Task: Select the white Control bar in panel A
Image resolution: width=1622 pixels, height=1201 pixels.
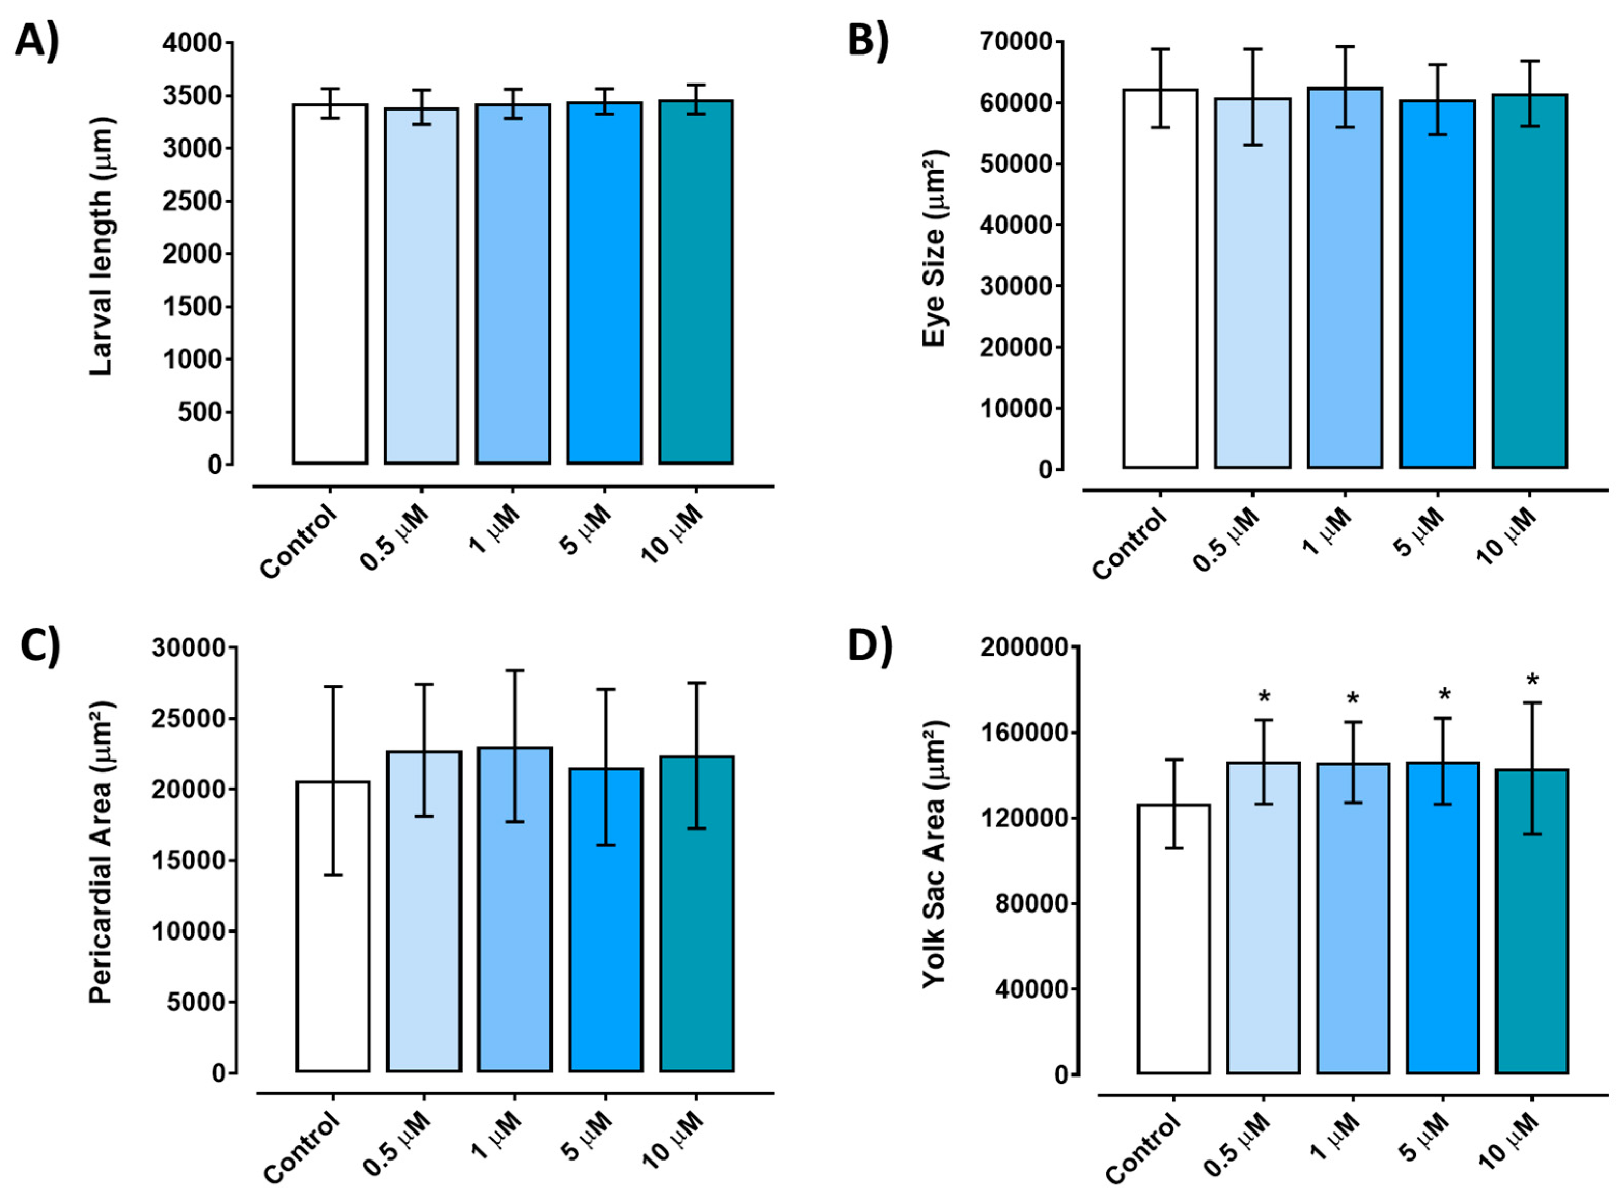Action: click(x=330, y=284)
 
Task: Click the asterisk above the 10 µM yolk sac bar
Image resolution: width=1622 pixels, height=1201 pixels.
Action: click(x=1532, y=681)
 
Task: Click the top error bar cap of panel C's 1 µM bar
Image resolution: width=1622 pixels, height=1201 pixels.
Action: click(x=514, y=671)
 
